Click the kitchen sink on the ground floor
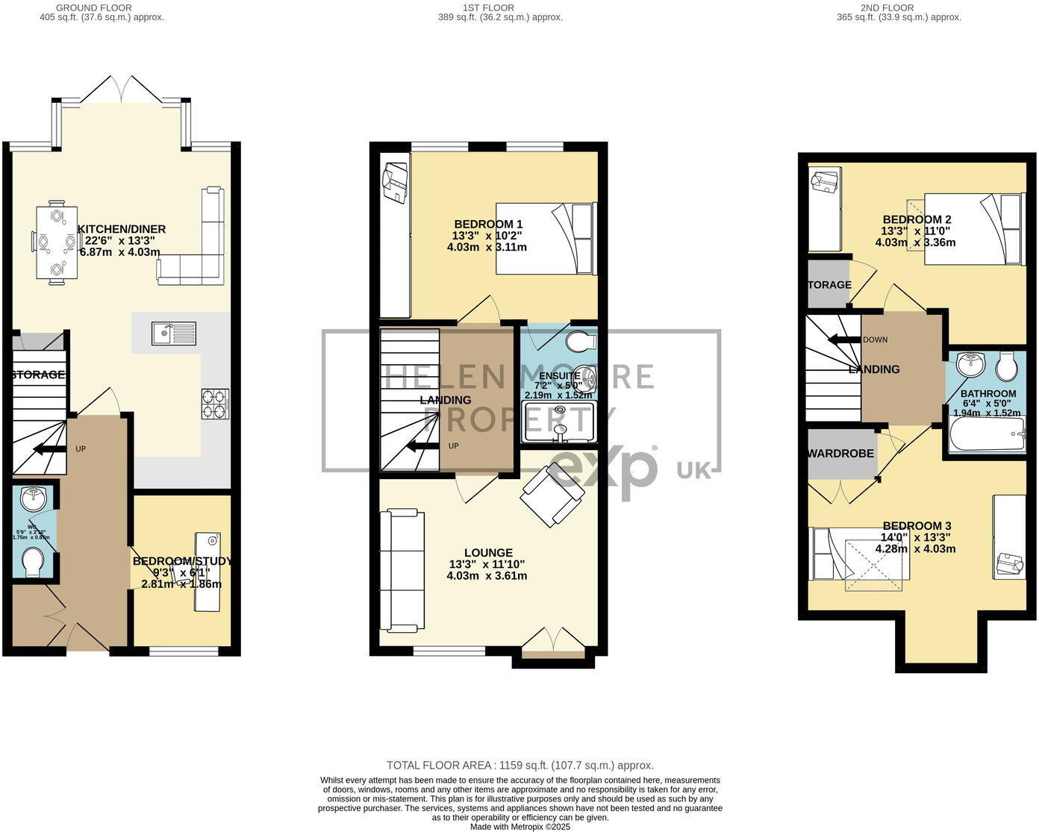174,333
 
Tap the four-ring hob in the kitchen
214,404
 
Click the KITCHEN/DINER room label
122,229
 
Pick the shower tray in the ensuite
561,422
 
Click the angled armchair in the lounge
552,493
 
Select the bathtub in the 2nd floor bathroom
986,434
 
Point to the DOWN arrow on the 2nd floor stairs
845,340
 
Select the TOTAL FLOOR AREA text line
519,765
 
